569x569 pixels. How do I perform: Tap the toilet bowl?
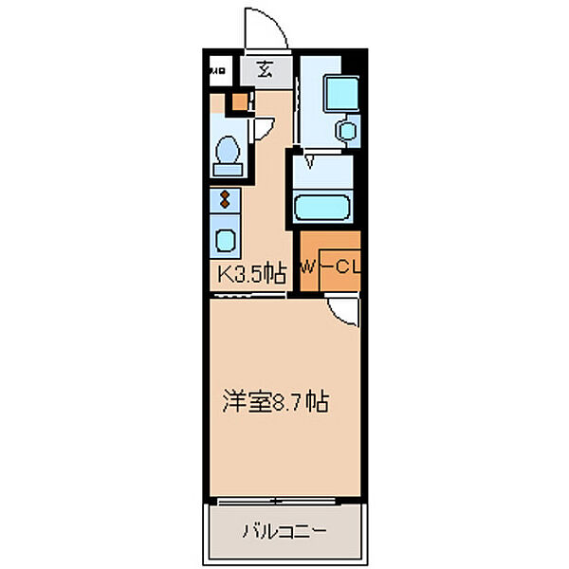[228, 151]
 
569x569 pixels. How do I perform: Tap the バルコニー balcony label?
[283, 531]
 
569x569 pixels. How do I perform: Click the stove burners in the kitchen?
[224, 199]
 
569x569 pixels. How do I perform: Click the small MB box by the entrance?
[219, 69]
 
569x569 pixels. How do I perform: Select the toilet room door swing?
[264, 125]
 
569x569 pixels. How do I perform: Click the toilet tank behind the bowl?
[227, 170]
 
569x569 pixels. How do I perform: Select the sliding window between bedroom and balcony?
[284, 499]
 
